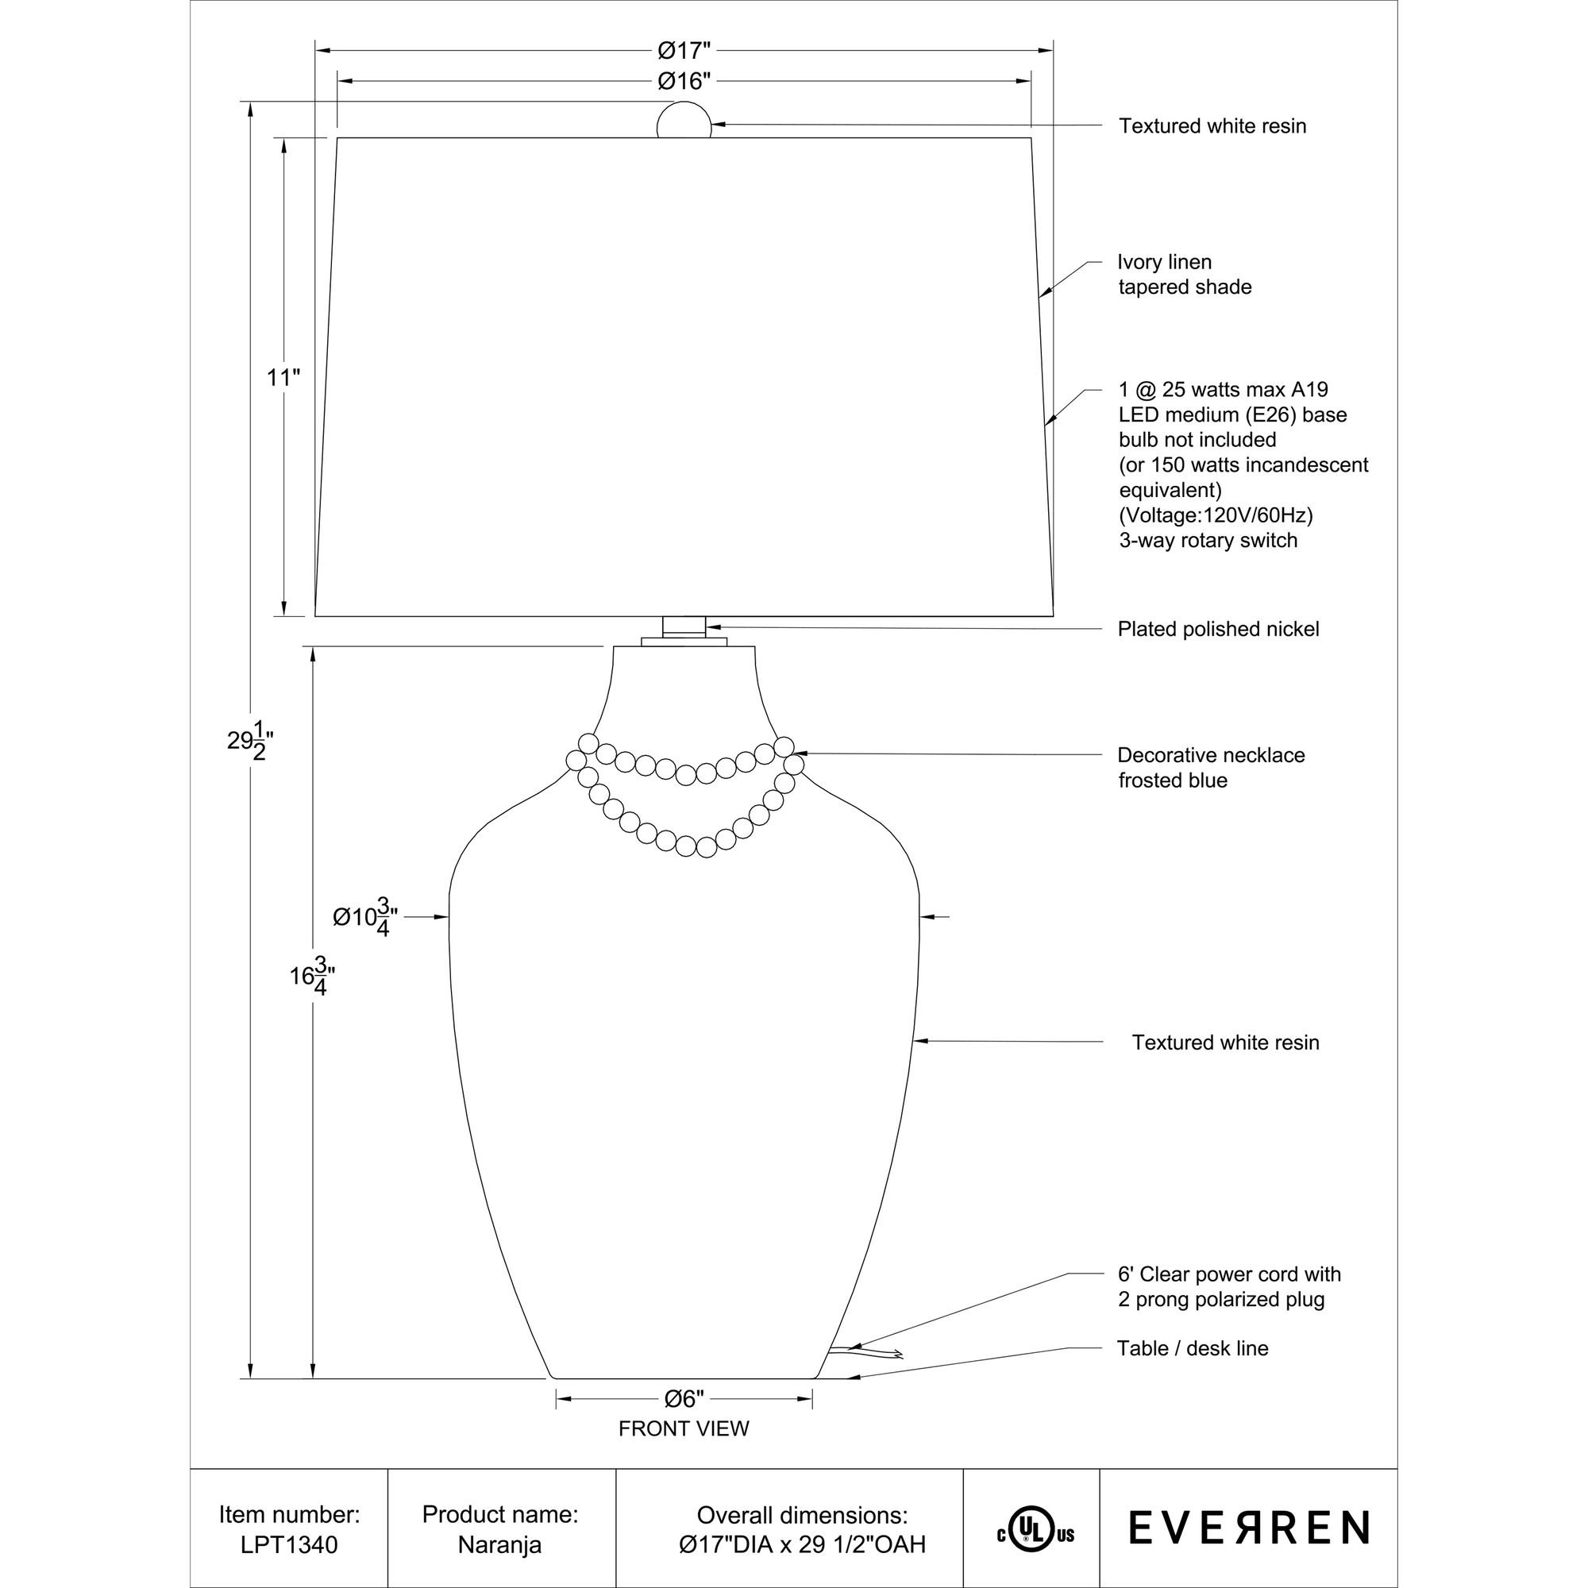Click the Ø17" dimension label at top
(x=683, y=51)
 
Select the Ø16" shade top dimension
(x=683, y=81)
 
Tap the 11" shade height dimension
(x=283, y=378)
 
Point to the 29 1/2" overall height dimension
(x=249, y=741)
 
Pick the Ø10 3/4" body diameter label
(x=365, y=916)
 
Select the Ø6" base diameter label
(x=684, y=1398)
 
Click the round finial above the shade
(x=684, y=121)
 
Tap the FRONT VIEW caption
(x=684, y=1429)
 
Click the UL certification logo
(x=1035, y=1528)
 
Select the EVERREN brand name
(x=1248, y=1527)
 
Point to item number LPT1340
(x=289, y=1544)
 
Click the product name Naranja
(x=499, y=1544)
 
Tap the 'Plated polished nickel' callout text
(x=1218, y=630)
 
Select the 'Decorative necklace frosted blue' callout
(x=1211, y=767)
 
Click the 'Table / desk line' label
(x=1193, y=1349)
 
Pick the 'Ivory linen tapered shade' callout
(x=1185, y=275)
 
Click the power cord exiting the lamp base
(x=863, y=1351)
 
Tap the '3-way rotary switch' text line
(x=1208, y=541)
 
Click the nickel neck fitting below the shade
(x=684, y=627)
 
